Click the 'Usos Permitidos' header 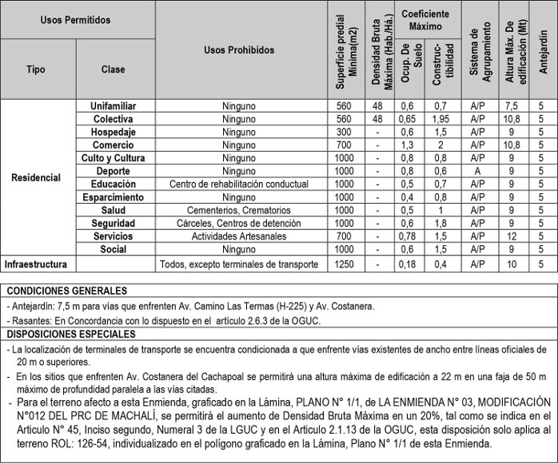76,19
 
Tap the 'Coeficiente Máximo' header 424,20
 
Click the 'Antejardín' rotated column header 543,51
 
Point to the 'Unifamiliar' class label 114,106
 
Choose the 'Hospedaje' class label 114,132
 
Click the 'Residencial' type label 37,177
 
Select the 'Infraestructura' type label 36,264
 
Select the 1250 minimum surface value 344,264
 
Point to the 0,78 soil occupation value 408,237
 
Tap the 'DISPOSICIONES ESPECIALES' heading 73,334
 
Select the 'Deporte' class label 114,172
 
